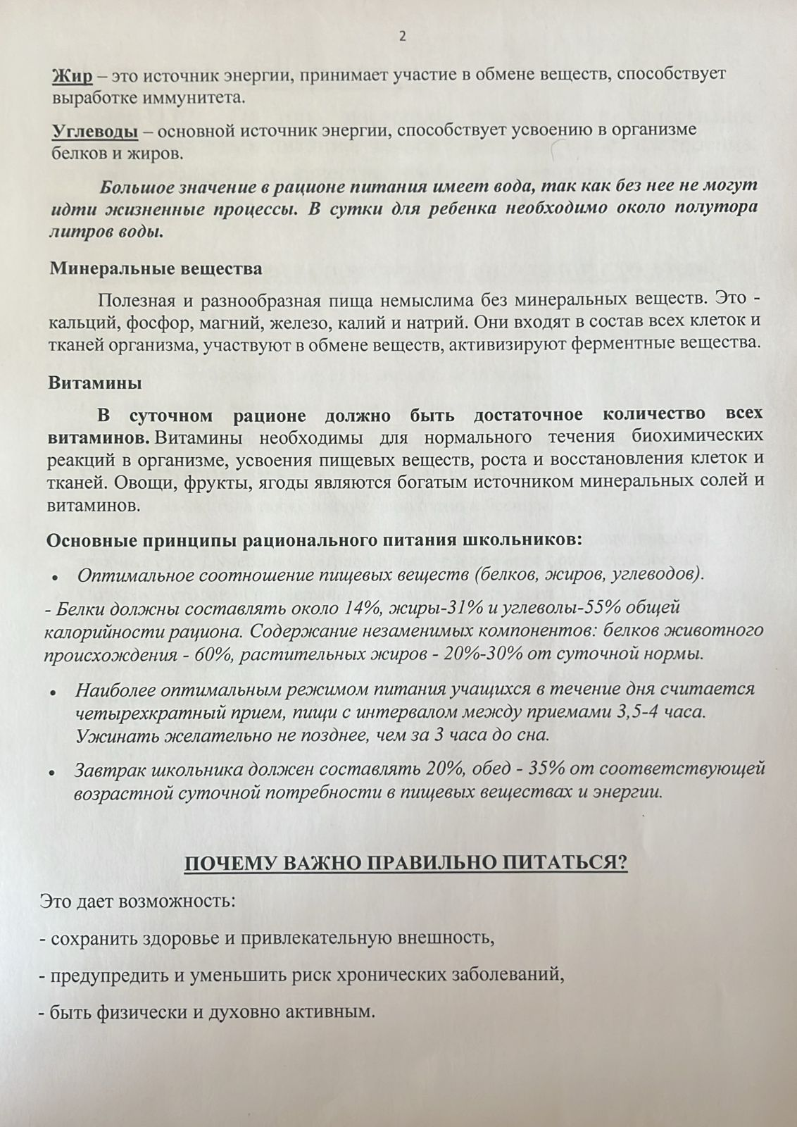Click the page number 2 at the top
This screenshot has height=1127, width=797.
(x=402, y=36)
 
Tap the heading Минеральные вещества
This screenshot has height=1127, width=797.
(x=156, y=268)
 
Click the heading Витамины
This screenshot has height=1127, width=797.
(x=95, y=383)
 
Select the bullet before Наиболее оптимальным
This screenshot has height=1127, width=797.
(x=53, y=691)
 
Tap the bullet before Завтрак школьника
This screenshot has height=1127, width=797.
(x=53, y=771)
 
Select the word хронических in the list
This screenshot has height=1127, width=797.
(x=398, y=976)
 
